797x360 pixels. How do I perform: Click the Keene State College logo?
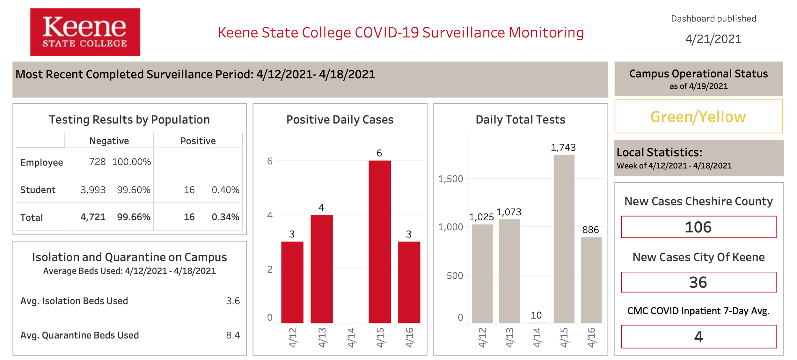point(85,32)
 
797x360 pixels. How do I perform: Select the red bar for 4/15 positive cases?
point(380,242)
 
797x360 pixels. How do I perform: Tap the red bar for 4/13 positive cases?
point(322,269)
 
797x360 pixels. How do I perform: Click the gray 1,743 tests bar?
point(564,239)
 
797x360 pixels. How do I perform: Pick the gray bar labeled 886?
point(591,280)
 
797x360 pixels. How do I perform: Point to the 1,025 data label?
point(481,217)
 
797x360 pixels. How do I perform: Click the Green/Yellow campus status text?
point(698,117)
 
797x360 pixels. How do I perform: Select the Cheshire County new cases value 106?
point(698,227)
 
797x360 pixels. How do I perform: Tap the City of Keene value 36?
point(698,282)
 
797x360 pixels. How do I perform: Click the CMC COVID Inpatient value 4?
point(698,337)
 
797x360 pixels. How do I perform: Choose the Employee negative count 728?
point(97,162)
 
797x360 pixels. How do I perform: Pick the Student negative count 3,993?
point(93,190)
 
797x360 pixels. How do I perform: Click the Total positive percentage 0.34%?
point(225,217)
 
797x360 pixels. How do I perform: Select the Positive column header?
point(198,141)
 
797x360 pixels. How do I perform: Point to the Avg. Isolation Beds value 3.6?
point(233,301)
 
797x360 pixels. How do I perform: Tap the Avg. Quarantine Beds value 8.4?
point(233,335)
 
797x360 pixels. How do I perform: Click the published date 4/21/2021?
point(713,39)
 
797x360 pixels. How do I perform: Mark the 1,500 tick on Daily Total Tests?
point(450,179)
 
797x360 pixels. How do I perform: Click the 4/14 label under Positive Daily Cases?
point(351,337)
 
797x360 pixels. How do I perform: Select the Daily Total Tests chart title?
point(520,120)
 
